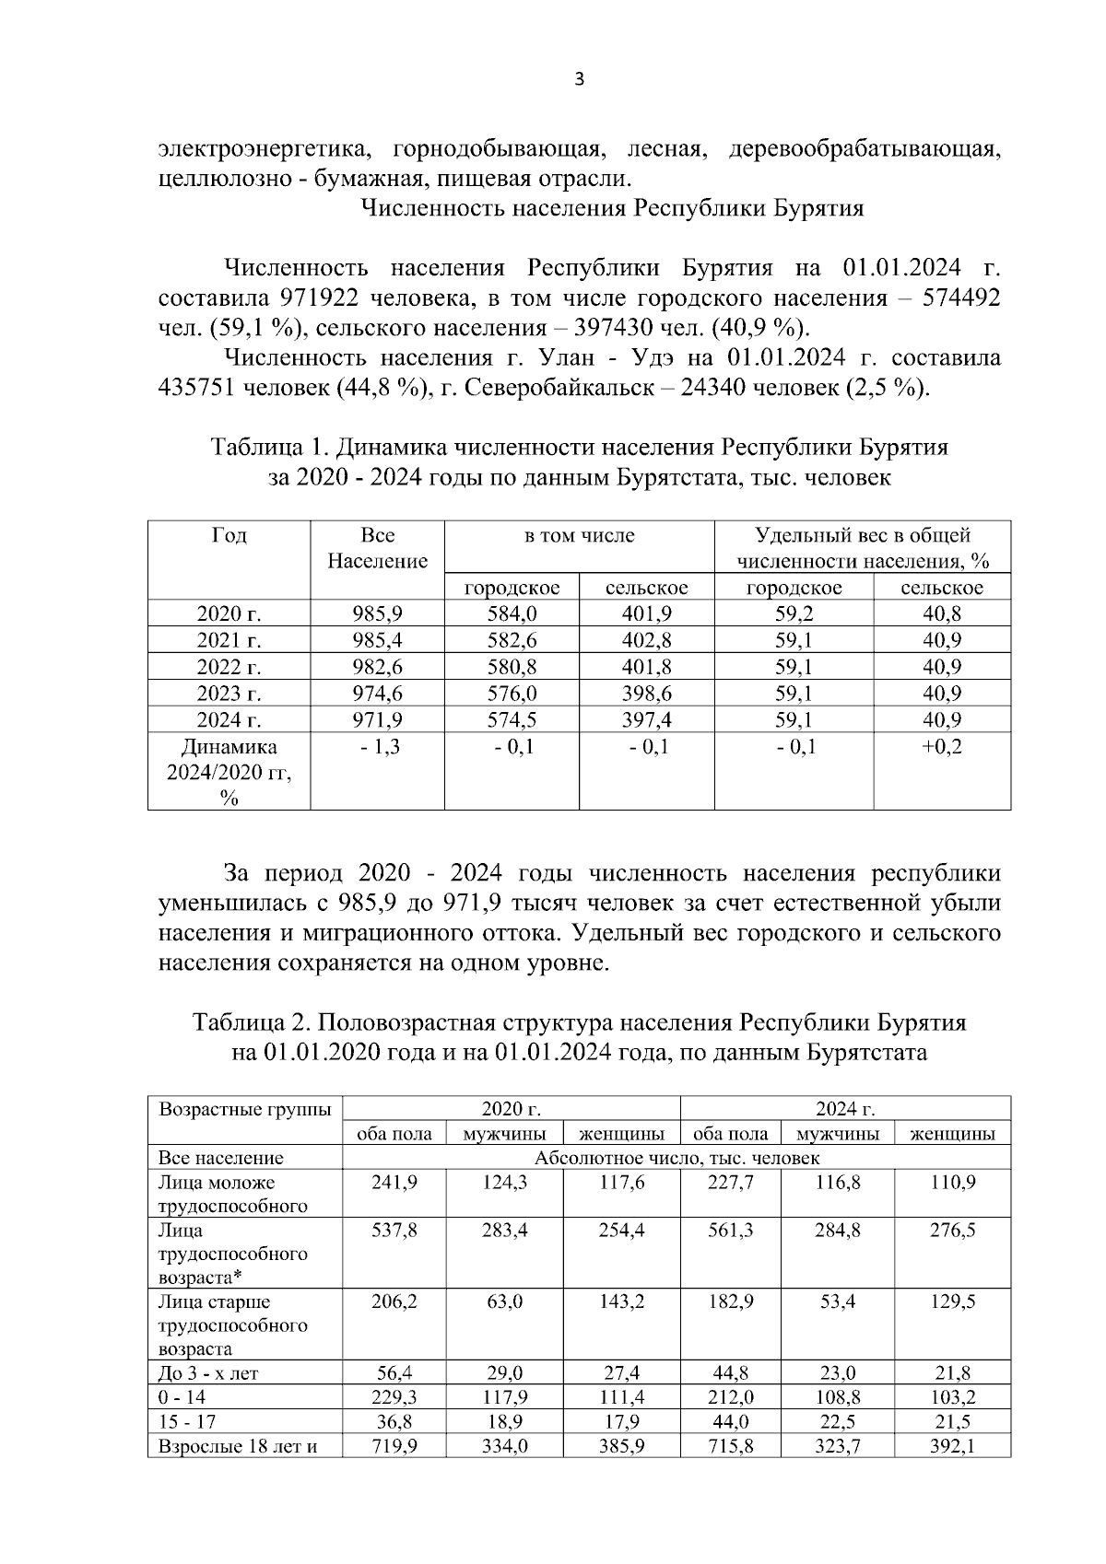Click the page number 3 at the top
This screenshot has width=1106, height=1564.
click(579, 79)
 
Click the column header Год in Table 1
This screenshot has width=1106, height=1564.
click(229, 535)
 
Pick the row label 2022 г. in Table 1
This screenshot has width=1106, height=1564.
click(229, 667)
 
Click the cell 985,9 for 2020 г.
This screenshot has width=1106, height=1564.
click(377, 614)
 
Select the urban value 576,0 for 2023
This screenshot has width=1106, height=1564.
click(512, 694)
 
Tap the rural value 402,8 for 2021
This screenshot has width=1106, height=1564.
click(646, 640)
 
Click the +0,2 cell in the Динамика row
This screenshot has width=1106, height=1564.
click(941, 747)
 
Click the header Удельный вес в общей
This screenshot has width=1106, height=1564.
click(862, 535)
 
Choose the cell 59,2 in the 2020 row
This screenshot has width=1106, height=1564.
click(794, 614)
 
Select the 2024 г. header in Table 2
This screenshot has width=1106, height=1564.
click(845, 1108)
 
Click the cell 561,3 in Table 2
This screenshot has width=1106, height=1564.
click(730, 1231)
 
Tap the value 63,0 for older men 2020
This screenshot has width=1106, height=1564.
click(504, 1301)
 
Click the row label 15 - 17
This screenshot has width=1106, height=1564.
click(182, 1422)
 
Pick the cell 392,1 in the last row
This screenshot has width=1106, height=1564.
click(952, 1446)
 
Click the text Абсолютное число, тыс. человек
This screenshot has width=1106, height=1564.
click(677, 1158)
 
